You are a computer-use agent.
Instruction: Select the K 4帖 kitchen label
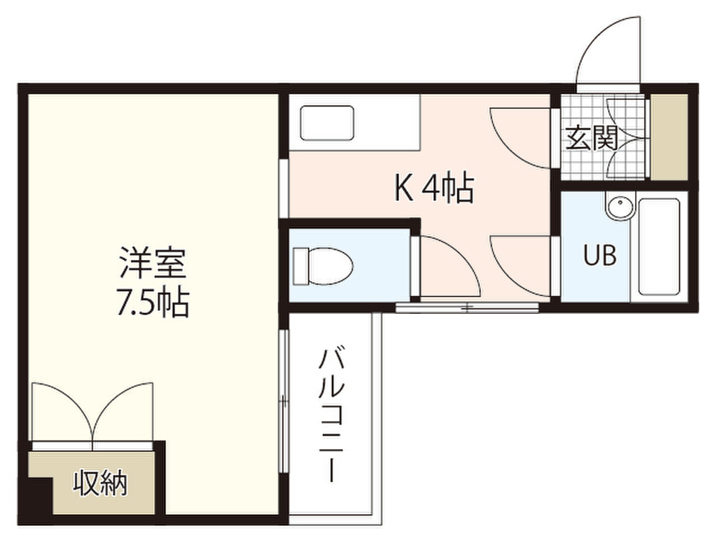(x=435, y=188)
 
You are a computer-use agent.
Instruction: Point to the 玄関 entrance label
(x=591, y=139)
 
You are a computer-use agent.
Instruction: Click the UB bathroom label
(x=600, y=256)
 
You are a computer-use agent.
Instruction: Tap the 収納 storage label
(x=101, y=483)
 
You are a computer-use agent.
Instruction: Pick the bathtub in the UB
(x=659, y=248)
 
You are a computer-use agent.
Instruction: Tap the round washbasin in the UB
(x=620, y=208)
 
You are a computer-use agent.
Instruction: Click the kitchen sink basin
(x=328, y=123)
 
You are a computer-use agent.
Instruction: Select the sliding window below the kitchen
(x=467, y=307)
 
